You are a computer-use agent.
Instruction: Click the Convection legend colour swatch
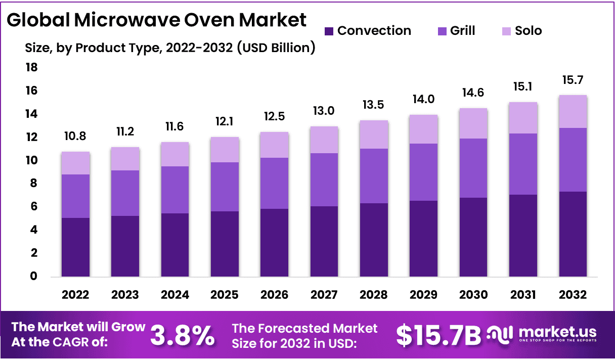[x=329, y=31]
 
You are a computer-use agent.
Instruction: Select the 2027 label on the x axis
[x=324, y=295]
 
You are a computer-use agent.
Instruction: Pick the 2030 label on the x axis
[x=473, y=295]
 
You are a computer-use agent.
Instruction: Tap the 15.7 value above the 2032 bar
[x=573, y=80]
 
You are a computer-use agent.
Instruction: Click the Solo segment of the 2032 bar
[x=573, y=112]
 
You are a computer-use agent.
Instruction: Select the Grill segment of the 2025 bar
[x=225, y=187]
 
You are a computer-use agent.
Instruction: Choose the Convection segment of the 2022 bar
[x=75, y=248]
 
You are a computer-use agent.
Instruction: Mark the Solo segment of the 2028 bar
[x=374, y=134]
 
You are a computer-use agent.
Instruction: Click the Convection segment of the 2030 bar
[x=473, y=238]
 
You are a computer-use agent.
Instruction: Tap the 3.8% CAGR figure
[x=183, y=335]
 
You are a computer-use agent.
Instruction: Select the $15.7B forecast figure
[x=438, y=335]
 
